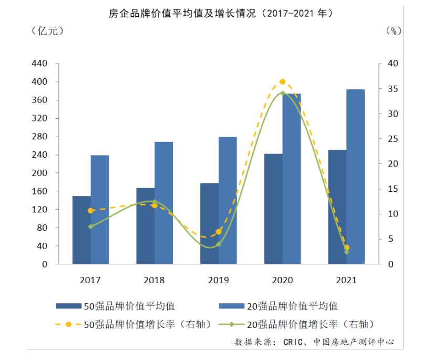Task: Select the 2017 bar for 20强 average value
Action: click(100, 210)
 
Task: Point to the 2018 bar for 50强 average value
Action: click(146, 226)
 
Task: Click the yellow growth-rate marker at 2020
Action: click(282, 82)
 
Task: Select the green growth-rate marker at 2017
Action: click(90, 227)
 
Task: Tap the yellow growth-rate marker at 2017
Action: click(90, 211)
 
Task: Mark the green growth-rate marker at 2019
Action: click(219, 244)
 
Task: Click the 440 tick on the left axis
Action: click(40, 64)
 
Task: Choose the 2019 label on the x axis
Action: click(219, 280)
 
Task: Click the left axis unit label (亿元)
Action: click(47, 31)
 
